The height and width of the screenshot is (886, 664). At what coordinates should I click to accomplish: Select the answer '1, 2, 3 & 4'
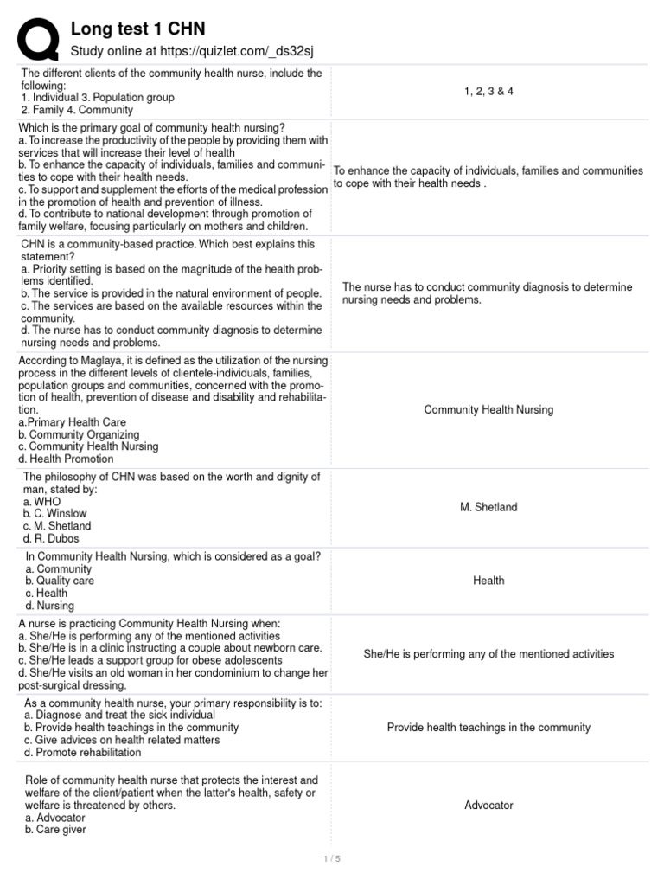[488, 91]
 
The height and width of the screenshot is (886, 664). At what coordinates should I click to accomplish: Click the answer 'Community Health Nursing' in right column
[488, 409]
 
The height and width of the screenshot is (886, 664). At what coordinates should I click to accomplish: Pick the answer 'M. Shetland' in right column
[488, 507]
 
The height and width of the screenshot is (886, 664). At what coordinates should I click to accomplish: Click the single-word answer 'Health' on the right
[488, 581]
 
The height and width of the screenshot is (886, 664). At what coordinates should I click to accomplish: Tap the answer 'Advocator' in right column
[488, 805]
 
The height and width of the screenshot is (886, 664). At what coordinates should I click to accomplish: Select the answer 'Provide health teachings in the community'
[488, 728]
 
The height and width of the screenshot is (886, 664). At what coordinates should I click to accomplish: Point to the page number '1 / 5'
[332, 858]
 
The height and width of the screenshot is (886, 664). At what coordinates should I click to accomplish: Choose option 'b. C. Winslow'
[55, 513]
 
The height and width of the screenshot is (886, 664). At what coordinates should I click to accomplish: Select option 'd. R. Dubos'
[52, 537]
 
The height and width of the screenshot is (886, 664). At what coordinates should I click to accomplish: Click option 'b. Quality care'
[61, 581]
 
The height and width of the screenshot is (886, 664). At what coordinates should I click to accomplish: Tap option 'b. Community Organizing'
[79, 434]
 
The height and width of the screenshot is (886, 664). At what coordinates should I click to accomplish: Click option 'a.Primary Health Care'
[74, 422]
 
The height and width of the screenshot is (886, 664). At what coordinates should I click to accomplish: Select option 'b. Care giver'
[56, 829]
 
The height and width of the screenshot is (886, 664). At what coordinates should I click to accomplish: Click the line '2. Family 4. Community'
[77, 110]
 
